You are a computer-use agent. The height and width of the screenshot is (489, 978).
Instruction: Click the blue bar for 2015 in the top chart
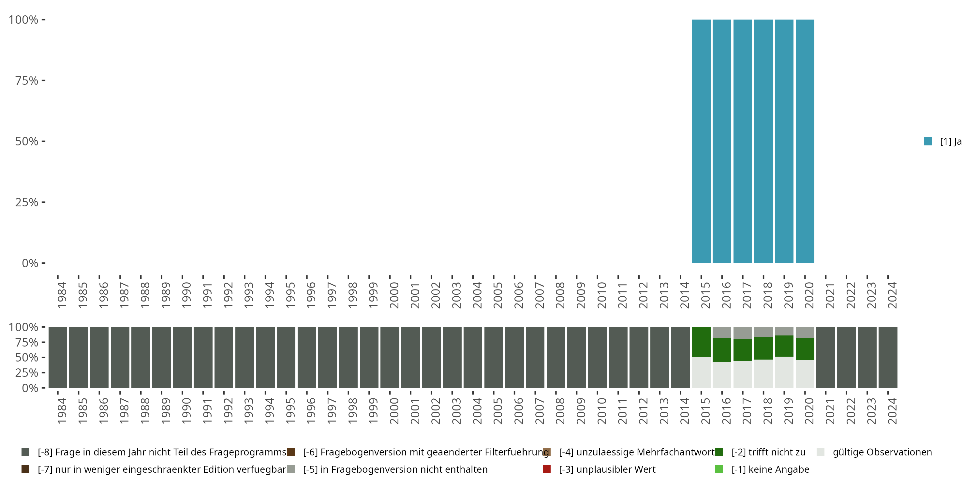click(x=701, y=141)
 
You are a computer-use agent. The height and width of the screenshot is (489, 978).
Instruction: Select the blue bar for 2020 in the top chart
click(x=805, y=141)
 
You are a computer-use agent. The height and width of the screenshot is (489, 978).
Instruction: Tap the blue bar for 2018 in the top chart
click(x=763, y=141)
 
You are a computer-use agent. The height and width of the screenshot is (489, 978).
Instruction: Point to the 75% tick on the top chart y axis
click(x=27, y=81)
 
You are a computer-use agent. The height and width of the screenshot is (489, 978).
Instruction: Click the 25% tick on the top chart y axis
click(x=27, y=202)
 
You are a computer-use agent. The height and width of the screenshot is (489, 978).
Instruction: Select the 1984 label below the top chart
click(x=62, y=295)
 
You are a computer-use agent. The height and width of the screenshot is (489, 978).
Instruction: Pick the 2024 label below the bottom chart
click(x=892, y=411)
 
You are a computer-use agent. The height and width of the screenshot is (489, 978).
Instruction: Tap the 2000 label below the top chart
click(x=394, y=295)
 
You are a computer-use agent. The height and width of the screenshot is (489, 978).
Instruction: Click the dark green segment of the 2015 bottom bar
click(x=701, y=342)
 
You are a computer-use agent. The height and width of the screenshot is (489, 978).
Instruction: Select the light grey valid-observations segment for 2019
click(x=784, y=372)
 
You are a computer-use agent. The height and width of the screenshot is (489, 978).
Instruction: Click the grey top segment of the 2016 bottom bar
click(x=722, y=332)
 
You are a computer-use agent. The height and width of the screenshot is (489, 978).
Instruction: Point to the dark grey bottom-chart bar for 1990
click(x=182, y=357)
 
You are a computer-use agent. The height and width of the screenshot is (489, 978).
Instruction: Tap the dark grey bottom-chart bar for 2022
click(x=846, y=357)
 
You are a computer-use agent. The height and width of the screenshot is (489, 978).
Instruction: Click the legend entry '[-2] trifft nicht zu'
click(x=768, y=452)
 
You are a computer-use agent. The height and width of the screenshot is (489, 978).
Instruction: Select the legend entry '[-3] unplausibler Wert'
click(x=607, y=469)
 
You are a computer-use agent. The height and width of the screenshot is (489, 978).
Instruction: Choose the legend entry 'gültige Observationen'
click(x=882, y=452)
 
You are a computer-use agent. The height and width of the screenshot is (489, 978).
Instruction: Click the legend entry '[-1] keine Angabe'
click(x=770, y=469)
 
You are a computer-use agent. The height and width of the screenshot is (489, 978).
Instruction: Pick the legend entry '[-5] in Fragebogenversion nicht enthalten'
click(x=395, y=469)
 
